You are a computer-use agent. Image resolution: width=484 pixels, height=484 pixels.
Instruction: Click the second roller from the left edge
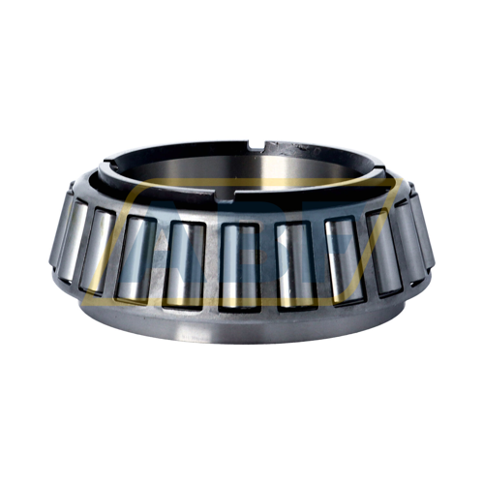click(x=97, y=246)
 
